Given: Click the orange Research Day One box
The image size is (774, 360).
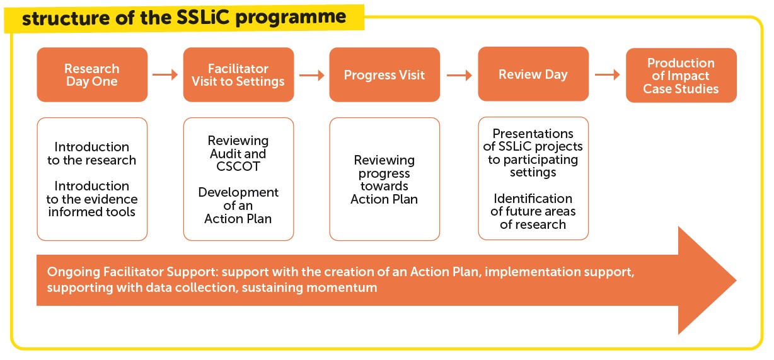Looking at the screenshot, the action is [92, 74].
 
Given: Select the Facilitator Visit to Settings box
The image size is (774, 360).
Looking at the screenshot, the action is [238, 74].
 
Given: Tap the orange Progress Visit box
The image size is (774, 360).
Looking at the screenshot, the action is [384, 74].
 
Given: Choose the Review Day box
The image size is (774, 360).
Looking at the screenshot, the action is [533, 74].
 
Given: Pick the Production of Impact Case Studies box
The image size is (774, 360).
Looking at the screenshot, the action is [681, 75].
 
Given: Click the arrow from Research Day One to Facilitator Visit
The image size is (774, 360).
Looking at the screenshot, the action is [165, 74].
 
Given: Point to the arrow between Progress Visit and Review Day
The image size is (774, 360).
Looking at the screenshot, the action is [459, 75].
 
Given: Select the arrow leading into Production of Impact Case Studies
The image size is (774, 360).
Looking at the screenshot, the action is [607, 74].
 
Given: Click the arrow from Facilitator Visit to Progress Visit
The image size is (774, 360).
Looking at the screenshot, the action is [311, 75].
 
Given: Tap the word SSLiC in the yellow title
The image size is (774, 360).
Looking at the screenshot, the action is [203, 17].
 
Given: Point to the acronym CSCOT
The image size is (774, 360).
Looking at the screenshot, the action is [238, 166].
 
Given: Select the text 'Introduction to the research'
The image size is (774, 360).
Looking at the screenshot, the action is [92, 153].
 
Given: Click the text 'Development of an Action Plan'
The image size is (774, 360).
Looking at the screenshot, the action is [238, 206].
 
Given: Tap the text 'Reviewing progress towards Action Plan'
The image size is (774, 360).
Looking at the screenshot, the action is [384, 180].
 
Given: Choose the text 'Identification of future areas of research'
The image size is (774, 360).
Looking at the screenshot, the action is [533, 211].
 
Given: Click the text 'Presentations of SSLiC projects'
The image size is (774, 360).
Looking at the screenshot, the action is [533, 140].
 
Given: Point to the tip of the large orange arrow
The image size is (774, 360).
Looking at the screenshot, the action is [736, 280].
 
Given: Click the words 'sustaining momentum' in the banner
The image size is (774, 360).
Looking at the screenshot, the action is [309, 287].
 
